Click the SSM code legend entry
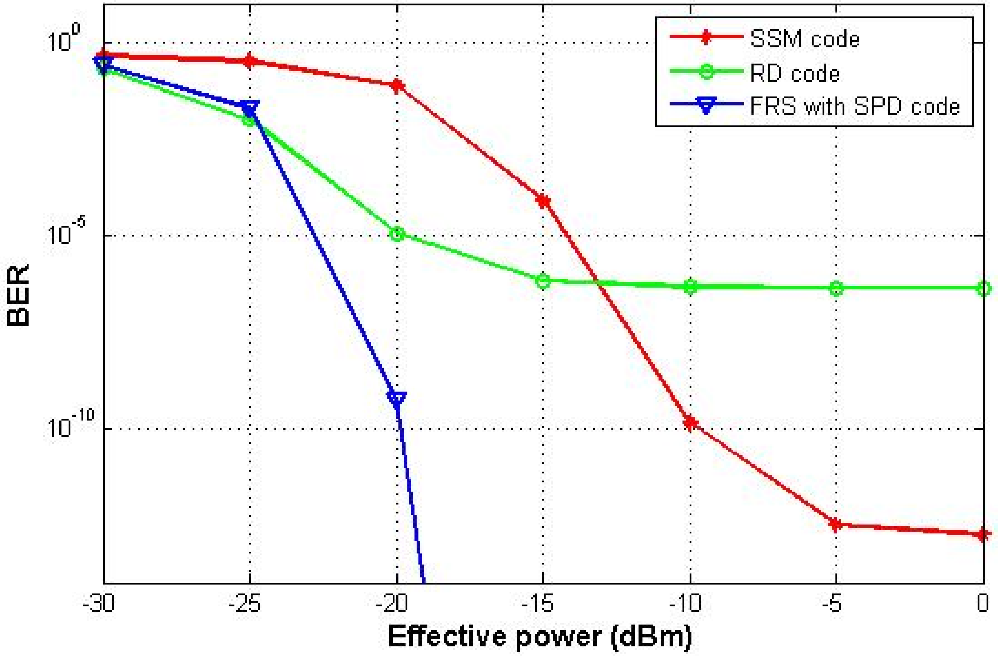pos(804,39)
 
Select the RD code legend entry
pos(794,73)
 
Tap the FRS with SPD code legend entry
pos(854,106)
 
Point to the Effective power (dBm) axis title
pos(540,637)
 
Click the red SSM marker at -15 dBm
pos(543,201)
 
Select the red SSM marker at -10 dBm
pos(690,423)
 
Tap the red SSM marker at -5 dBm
pos(836,524)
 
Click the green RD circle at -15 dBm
pos(543,281)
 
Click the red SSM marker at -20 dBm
pos(397,86)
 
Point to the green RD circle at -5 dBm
pos(836,288)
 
